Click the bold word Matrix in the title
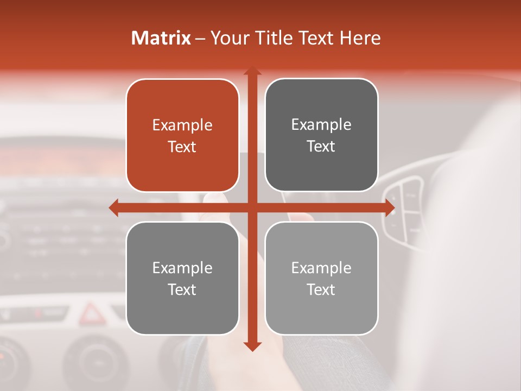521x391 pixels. [x=161, y=38]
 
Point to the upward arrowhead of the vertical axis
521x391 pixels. [x=252, y=71]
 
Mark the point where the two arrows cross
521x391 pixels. [x=252, y=207]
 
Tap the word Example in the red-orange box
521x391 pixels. [x=182, y=125]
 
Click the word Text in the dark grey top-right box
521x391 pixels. [x=321, y=147]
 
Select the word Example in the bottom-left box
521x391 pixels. [x=182, y=268]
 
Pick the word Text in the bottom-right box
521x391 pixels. [x=321, y=289]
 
